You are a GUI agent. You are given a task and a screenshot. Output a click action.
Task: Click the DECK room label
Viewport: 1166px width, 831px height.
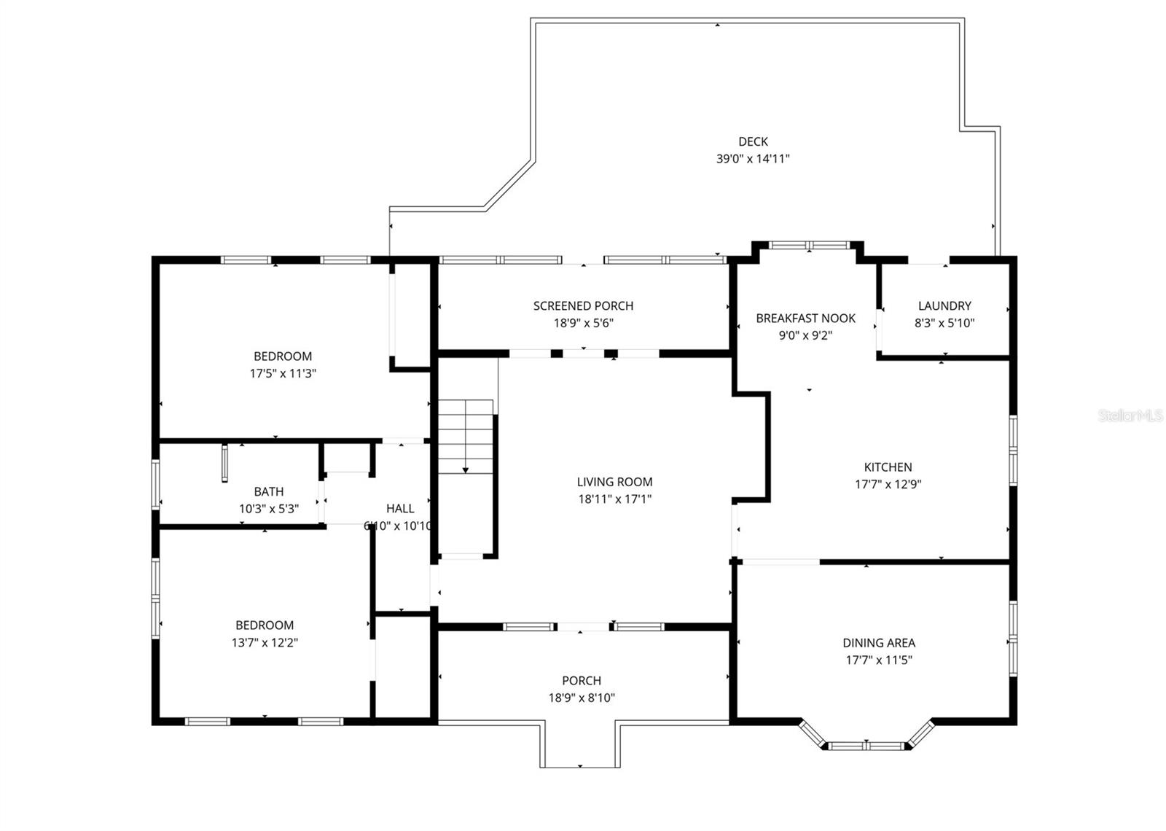(753, 141)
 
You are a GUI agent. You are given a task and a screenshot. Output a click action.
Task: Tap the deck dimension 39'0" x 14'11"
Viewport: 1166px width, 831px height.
(753, 158)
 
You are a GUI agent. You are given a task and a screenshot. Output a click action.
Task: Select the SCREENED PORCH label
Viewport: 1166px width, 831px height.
(583, 305)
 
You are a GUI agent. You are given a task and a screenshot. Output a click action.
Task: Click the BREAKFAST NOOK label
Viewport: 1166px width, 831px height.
(805, 318)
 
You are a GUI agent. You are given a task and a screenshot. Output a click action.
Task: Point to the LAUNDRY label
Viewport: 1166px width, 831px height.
(944, 305)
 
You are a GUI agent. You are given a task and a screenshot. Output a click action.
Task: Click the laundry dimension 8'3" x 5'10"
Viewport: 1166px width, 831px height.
(944, 323)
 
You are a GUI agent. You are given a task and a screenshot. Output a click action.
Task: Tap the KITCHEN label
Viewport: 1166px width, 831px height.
(888, 467)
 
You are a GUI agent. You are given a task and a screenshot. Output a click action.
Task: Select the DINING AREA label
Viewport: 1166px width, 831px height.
(879, 642)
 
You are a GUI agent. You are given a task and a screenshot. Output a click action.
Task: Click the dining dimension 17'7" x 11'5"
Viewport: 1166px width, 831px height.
(879, 660)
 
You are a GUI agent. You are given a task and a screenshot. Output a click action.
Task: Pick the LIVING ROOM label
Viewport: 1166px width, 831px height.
(614, 481)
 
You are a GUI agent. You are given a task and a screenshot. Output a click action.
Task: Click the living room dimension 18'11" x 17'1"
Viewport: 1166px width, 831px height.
(614, 499)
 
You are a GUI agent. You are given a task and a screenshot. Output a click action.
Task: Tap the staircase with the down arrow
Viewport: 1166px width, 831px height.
(466, 437)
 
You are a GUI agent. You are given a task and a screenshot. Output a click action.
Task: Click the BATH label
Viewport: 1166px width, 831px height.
(269, 491)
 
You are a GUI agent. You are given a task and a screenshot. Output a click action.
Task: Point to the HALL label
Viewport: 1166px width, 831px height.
(400, 508)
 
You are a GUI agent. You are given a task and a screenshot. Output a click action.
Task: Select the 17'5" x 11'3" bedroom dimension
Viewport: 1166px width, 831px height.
(283, 373)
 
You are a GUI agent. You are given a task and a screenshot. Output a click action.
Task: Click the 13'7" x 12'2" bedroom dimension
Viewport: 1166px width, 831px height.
(265, 642)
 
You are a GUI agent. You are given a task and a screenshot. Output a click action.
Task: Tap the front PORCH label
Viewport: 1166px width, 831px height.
(582, 680)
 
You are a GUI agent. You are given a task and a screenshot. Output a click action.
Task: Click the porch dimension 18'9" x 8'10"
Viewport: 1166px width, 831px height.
(582, 698)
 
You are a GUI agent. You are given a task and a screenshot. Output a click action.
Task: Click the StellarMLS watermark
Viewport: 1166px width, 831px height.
(1130, 415)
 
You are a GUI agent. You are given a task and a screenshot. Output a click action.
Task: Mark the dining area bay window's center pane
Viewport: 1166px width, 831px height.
(866, 746)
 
